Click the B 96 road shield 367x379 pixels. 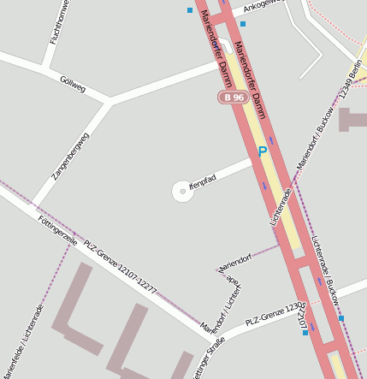point(233,98)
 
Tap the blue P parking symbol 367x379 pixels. point(263,152)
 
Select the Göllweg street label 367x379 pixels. point(73,84)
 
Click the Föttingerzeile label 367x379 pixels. point(58,231)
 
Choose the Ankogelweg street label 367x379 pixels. point(263,6)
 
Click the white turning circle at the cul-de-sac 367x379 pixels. point(182,192)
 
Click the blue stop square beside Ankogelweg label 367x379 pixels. point(243,24)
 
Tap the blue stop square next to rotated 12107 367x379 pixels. point(305,333)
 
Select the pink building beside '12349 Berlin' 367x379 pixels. point(352,119)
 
